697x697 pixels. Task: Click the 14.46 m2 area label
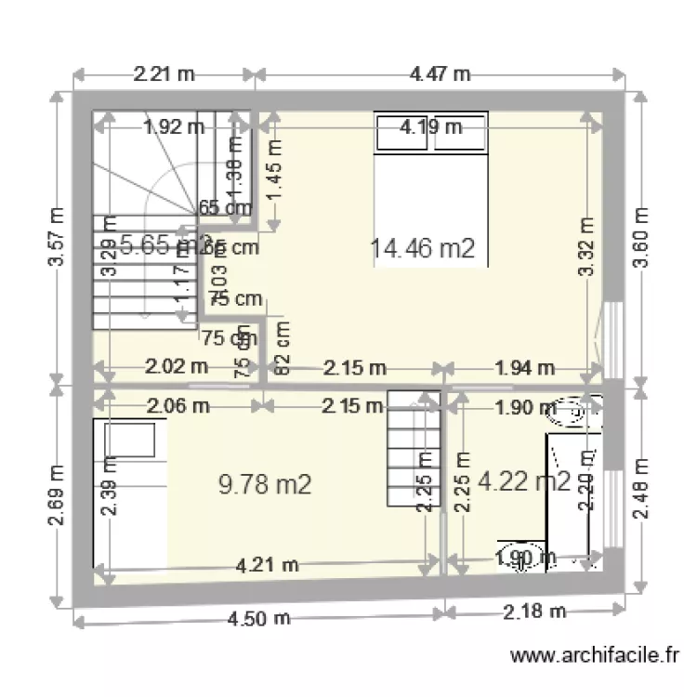pos(423,248)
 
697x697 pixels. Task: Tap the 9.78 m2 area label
pos(264,483)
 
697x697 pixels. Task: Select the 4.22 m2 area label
pos(524,480)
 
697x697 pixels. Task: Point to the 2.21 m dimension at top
pos(164,74)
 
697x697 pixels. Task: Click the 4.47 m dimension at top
pos(440,74)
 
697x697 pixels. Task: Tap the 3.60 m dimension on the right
pos(641,238)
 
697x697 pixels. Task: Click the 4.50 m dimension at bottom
pos(257,618)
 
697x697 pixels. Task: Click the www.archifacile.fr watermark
pos(596,656)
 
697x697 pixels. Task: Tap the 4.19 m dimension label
pos(431,127)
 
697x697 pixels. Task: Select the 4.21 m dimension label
pos(268,564)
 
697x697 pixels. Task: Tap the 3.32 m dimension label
pos(586,246)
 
